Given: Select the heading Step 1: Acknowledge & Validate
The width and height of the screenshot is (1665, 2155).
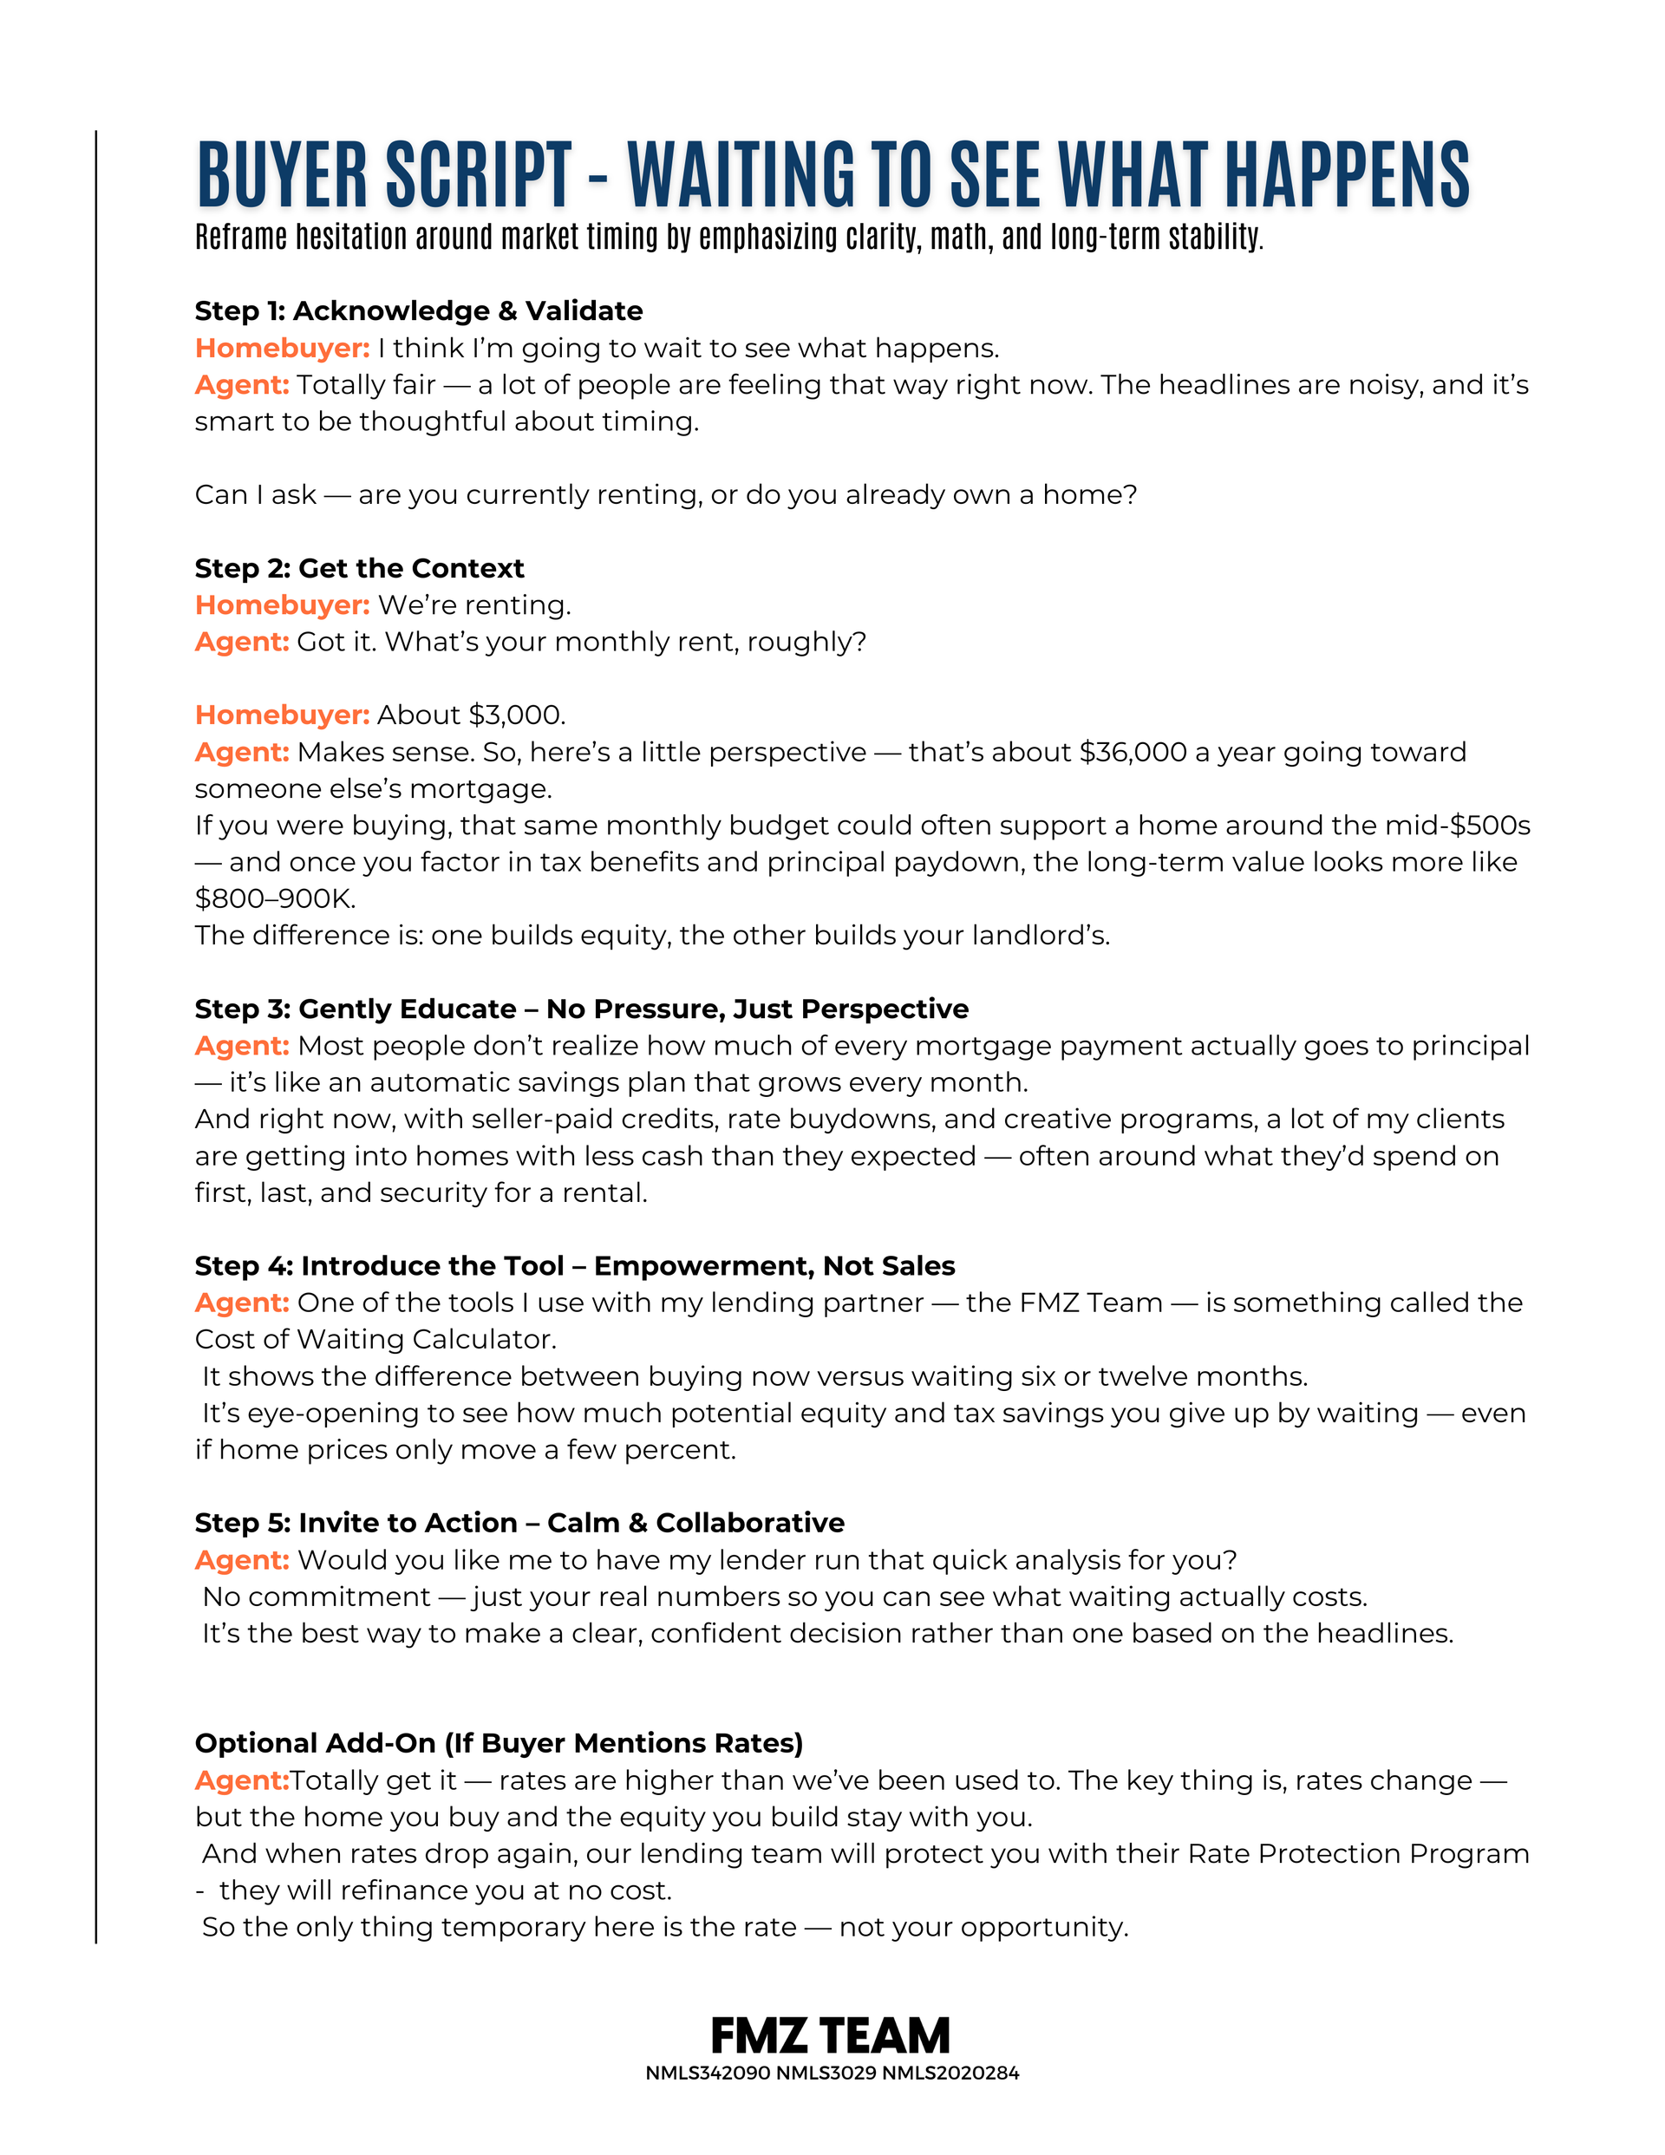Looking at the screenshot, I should pyautogui.click(x=419, y=310).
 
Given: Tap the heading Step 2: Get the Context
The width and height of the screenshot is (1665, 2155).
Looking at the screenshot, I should pyautogui.click(x=359, y=568).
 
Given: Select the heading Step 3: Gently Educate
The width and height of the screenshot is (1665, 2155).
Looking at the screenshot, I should pyautogui.click(x=581, y=1009).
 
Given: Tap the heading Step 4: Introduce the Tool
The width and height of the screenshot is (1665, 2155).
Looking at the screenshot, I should pyautogui.click(x=574, y=1266).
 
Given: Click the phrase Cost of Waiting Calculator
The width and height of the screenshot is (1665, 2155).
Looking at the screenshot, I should pyautogui.click(x=375, y=1339).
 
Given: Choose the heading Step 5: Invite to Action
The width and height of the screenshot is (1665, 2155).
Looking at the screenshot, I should pyautogui.click(x=519, y=1523).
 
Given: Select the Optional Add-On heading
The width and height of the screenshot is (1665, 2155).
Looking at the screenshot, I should pyautogui.click(x=499, y=1742).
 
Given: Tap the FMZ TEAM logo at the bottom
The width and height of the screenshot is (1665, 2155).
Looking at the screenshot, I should pyautogui.click(x=831, y=2034).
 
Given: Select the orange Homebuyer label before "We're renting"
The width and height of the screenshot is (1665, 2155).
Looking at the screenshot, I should pyautogui.click(x=283, y=604).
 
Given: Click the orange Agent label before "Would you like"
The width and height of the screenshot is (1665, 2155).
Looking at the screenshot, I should pyautogui.click(x=242, y=1560).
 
